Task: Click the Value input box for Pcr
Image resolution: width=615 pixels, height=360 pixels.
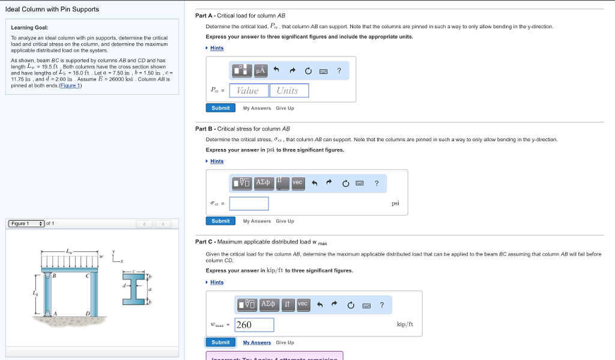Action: tap(247, 90)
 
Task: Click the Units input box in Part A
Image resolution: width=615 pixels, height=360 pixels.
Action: tap(288, 90)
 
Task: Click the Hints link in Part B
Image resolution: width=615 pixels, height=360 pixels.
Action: tap(217, 161)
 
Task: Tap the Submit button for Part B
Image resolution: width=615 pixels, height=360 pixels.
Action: tap(220, 221)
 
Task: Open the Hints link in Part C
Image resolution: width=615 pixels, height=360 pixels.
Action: tap(217, 282)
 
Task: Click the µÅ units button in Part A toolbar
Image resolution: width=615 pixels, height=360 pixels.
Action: tap(261, 71)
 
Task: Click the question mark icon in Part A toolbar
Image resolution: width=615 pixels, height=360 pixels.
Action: tap(339, 71)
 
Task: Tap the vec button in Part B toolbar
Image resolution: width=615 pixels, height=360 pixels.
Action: tap(298, 182)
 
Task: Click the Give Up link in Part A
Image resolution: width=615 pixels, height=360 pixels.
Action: tap(285, 108)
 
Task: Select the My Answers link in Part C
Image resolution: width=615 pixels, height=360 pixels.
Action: tap(256, 343)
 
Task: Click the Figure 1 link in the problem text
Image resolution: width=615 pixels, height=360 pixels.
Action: tap(70, 85)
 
